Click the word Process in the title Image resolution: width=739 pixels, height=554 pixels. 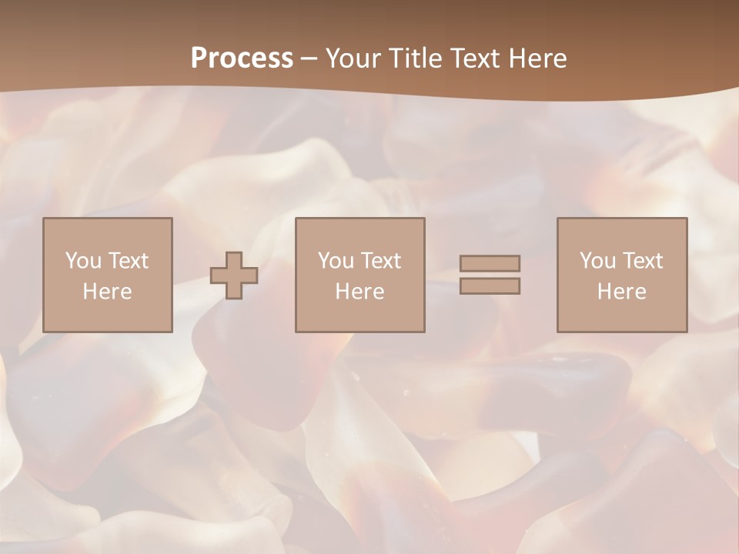click(242, 58)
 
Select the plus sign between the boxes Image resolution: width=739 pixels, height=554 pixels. click(234, 275)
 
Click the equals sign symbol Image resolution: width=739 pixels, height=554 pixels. click(490, 275)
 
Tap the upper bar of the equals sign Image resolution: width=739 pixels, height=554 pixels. click(490, 264)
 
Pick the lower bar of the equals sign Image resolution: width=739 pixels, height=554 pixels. click(490, 285)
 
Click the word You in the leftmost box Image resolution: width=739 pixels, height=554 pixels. click(83, 261)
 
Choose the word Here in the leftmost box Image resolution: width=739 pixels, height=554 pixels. click(107, 292)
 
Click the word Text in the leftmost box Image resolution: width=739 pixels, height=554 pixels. click(128, 261)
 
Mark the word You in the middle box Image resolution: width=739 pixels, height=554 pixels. click(336, 261)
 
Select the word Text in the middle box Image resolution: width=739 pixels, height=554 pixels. click(380, 261)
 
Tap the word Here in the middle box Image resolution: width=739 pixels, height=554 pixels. click(359, 292)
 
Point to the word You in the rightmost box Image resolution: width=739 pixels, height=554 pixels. click(597, 261)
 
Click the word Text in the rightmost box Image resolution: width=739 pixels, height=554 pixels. click(642, 261)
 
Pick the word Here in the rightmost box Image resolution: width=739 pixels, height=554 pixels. click(621, 292)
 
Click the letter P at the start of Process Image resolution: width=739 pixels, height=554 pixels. click(199, 58)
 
